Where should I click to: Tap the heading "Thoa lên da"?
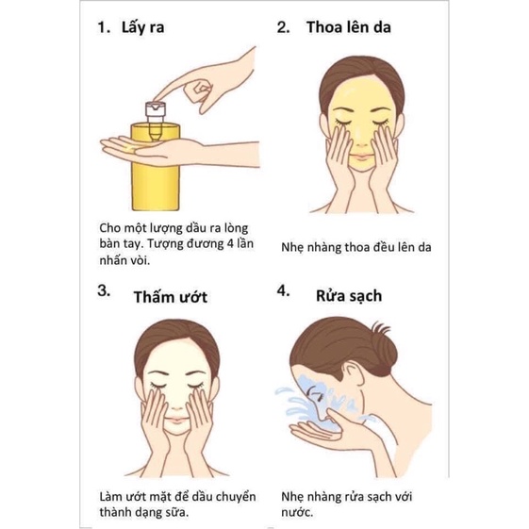(x=348, y=28)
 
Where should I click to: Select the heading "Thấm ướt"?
(x=170, y=297)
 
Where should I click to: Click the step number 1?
(x=104, y=28)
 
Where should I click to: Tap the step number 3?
(x=104, y=290)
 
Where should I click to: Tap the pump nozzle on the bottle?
(x=155, y=110)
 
